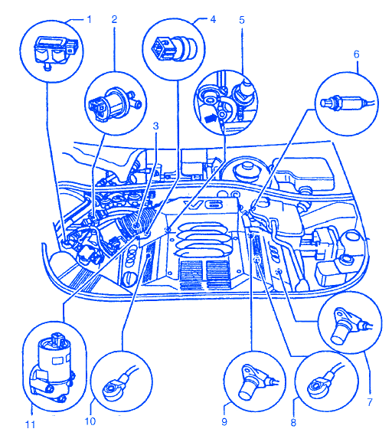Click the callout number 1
coord(90,20)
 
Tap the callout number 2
coord(114,19)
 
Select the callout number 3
coord(156,126)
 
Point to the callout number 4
coord(213,19)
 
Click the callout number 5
coord(242,20)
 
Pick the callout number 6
coord(357,54)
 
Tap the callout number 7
coord(370,401)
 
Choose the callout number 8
coord(293,422)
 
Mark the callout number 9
coord(224,422)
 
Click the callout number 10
coord(90,421)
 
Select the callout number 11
coord(31,424)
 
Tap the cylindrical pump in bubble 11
coord(54,366)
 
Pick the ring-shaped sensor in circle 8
coord(322,385)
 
